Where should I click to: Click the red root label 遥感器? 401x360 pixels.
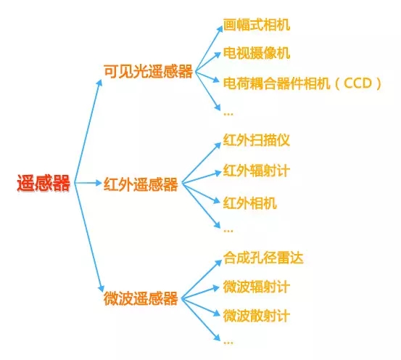point(44,183)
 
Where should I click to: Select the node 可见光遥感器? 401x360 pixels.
point(149,71)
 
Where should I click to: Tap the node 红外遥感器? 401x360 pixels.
point(141,184)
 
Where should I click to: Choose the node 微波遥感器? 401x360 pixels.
point(141,298)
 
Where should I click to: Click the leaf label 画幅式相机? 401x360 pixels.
point(257,25)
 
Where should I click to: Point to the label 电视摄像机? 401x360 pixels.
point(257,53)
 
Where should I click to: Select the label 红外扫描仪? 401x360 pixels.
point(257,140)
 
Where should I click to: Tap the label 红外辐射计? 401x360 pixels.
point(257,171)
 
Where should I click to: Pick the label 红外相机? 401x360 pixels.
point(250,203)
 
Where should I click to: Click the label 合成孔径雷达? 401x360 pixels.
point(263,258)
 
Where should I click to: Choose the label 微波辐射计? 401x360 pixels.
point(257,287)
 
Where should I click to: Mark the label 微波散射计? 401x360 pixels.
point(257,316)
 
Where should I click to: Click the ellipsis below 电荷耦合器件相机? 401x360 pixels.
point(228,114)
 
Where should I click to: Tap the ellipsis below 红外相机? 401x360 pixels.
point(228,231)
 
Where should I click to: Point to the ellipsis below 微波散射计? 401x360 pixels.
point(228,343)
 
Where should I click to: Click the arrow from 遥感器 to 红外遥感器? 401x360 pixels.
point(88,183)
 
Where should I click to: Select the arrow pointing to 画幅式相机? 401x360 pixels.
point(209,49)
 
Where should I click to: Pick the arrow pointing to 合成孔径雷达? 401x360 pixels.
point(202,279)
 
